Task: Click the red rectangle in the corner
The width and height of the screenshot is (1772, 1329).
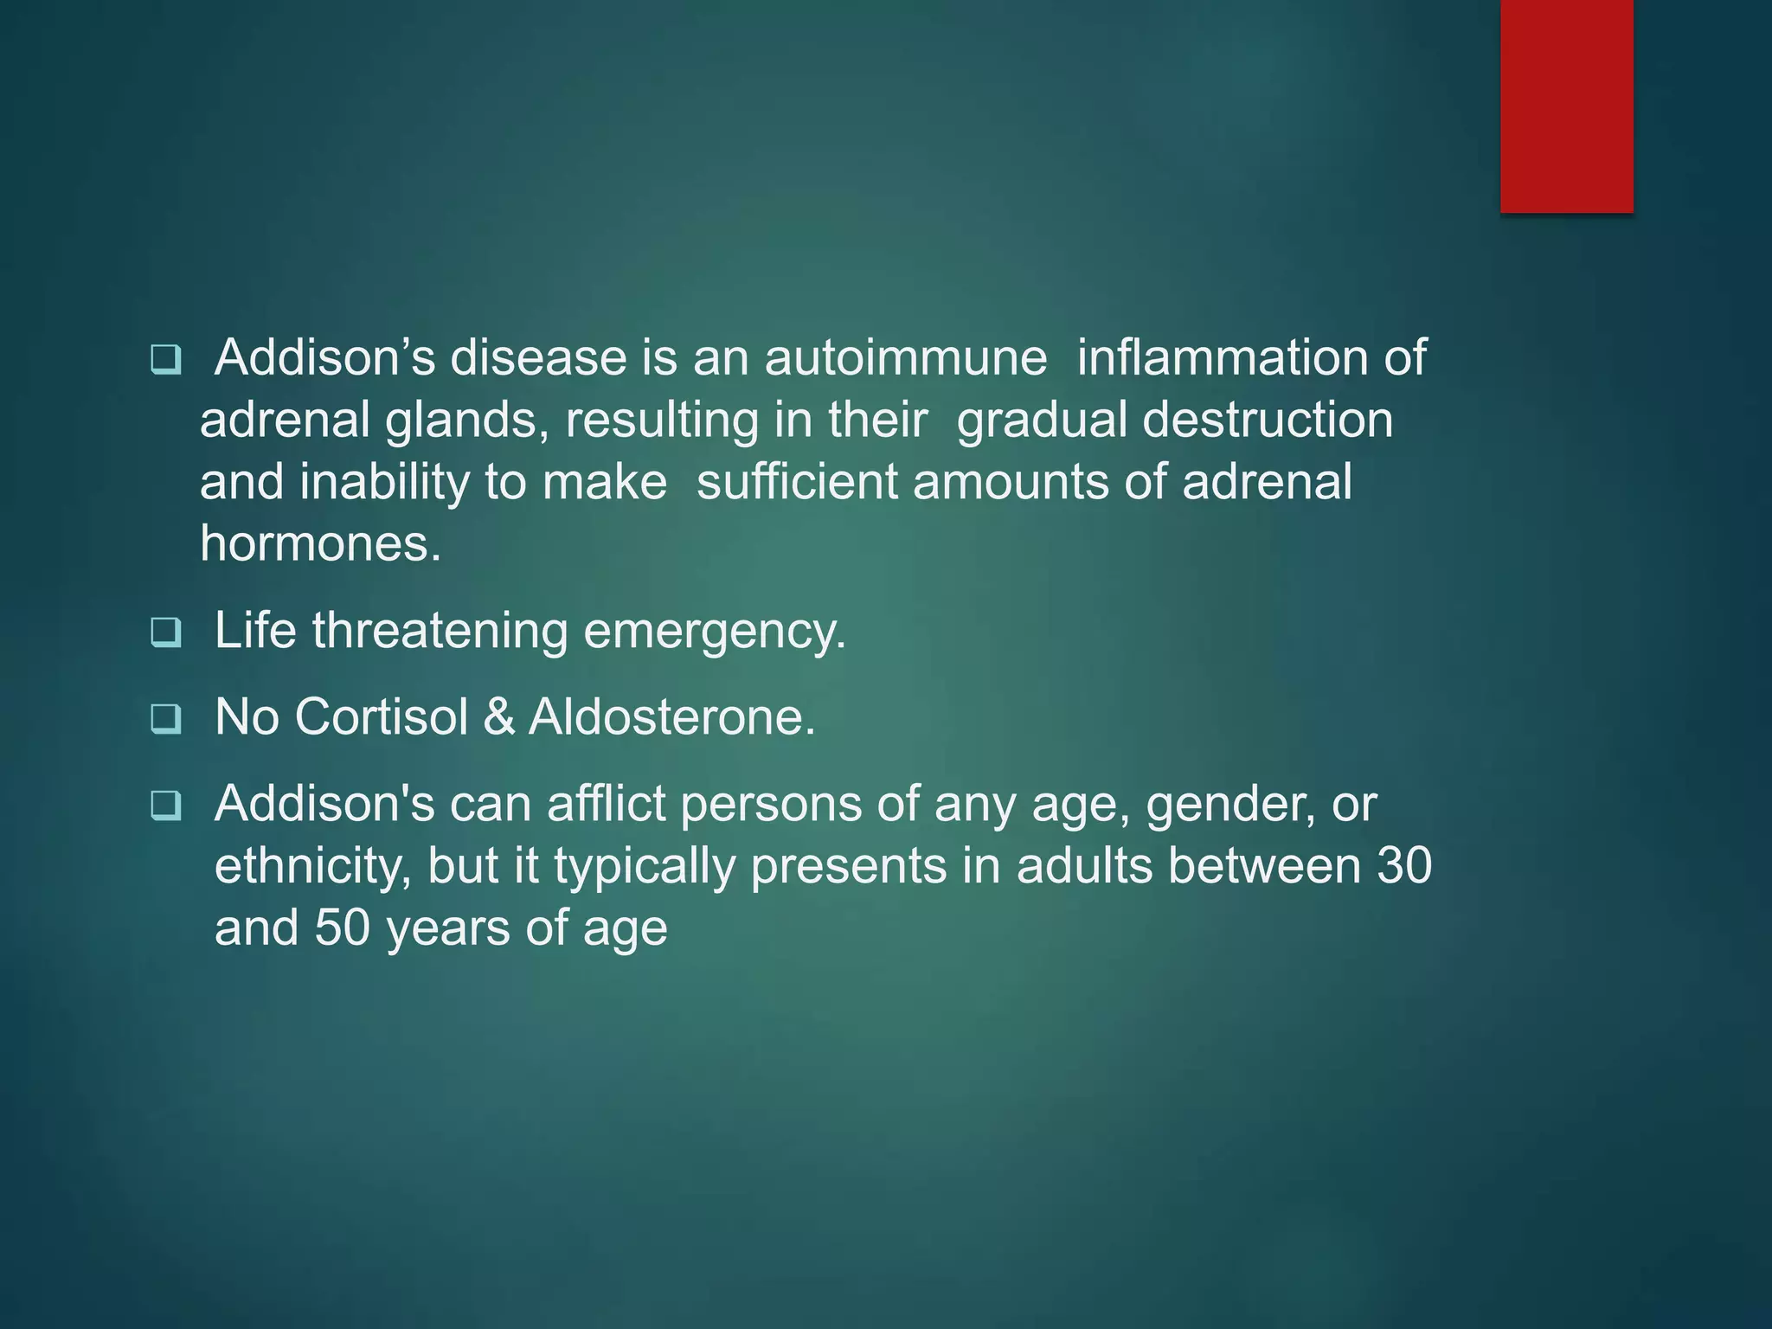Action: click(1566, 106)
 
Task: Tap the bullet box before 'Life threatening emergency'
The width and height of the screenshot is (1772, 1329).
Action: click(165, 632)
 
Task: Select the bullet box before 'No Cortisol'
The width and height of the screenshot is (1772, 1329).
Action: click(165, 719)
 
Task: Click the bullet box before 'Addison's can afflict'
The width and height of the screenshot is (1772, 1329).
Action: click(165, 806)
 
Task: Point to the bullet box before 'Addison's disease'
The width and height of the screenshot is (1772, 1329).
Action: click(165, 359)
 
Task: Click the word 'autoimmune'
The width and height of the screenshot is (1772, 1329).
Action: click(905, 357)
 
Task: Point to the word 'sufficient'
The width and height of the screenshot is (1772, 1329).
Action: click(797, 482)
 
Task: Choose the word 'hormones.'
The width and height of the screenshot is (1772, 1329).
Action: click(321, 544)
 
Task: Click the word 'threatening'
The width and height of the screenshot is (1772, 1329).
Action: click(440, 631)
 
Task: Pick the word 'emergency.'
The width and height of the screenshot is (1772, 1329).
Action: click(715, 632)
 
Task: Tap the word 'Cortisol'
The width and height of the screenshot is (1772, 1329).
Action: click(381, 717)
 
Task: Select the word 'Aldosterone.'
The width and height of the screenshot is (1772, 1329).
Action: click(671, 717)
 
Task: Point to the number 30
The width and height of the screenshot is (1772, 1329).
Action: click(1403, 866)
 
